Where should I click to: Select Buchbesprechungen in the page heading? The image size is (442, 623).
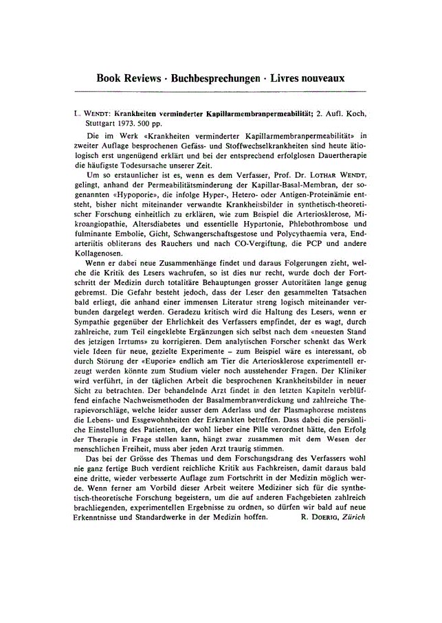pyautogui.click(x=219, y=78)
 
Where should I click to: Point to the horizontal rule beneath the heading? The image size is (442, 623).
pyautogui.click(x=221, y=91)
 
